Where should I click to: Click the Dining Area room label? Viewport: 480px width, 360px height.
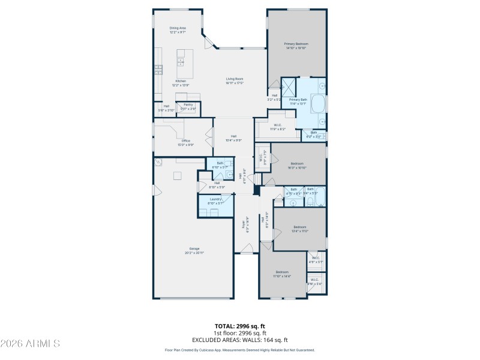click(x=178, y=29)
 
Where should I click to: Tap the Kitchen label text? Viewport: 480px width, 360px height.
click(x=181, y=83)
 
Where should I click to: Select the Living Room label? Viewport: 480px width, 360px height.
click(x=234, y=80)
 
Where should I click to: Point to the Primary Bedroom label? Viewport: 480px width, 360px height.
click(x=296, y=46)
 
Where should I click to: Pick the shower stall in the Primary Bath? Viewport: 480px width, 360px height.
click(x=289, y=86)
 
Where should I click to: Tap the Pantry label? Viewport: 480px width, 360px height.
click(x=188, y=106)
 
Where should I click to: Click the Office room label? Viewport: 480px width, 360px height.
click(x=186, y=142)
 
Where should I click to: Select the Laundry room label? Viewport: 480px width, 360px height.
click(x=215, y=200)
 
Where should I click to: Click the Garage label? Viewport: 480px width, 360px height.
click(x=194, y=250)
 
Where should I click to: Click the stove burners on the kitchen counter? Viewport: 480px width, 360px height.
click(x=158, y=69)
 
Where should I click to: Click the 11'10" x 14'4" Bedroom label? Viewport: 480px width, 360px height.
click(x=282, y=274)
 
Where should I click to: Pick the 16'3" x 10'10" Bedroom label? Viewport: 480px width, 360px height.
click(x=298, y=165)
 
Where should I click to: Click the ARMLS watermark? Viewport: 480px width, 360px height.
click(x=30, y=344)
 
